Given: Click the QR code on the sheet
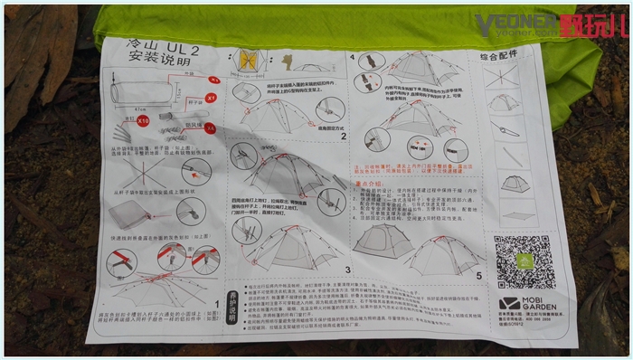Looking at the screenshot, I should point(524,262).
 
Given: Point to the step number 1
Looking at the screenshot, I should point(215,304).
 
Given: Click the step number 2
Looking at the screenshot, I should point(344,136).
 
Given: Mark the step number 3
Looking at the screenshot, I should point(346,269).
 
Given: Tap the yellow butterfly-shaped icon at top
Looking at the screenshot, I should point(247,60).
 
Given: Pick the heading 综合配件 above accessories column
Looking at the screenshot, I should point(506,56).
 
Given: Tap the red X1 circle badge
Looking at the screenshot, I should point(213,95).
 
